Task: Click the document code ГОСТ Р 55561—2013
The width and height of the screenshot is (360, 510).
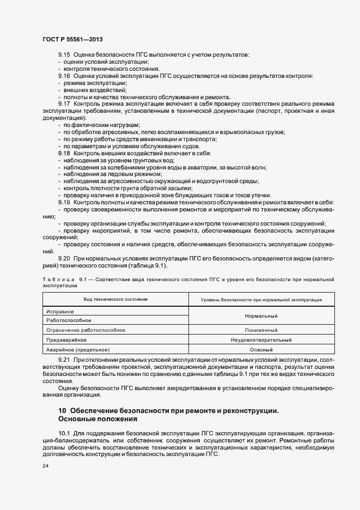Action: pyautogui.click(x=72, y=39)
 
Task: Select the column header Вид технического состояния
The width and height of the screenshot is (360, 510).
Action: pyautogui.click(x=115, y=299)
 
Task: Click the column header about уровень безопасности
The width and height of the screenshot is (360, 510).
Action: pyautogui.click(x=261, y=300)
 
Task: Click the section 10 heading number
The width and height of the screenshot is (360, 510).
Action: pyautogui.click(x=62, y=410)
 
